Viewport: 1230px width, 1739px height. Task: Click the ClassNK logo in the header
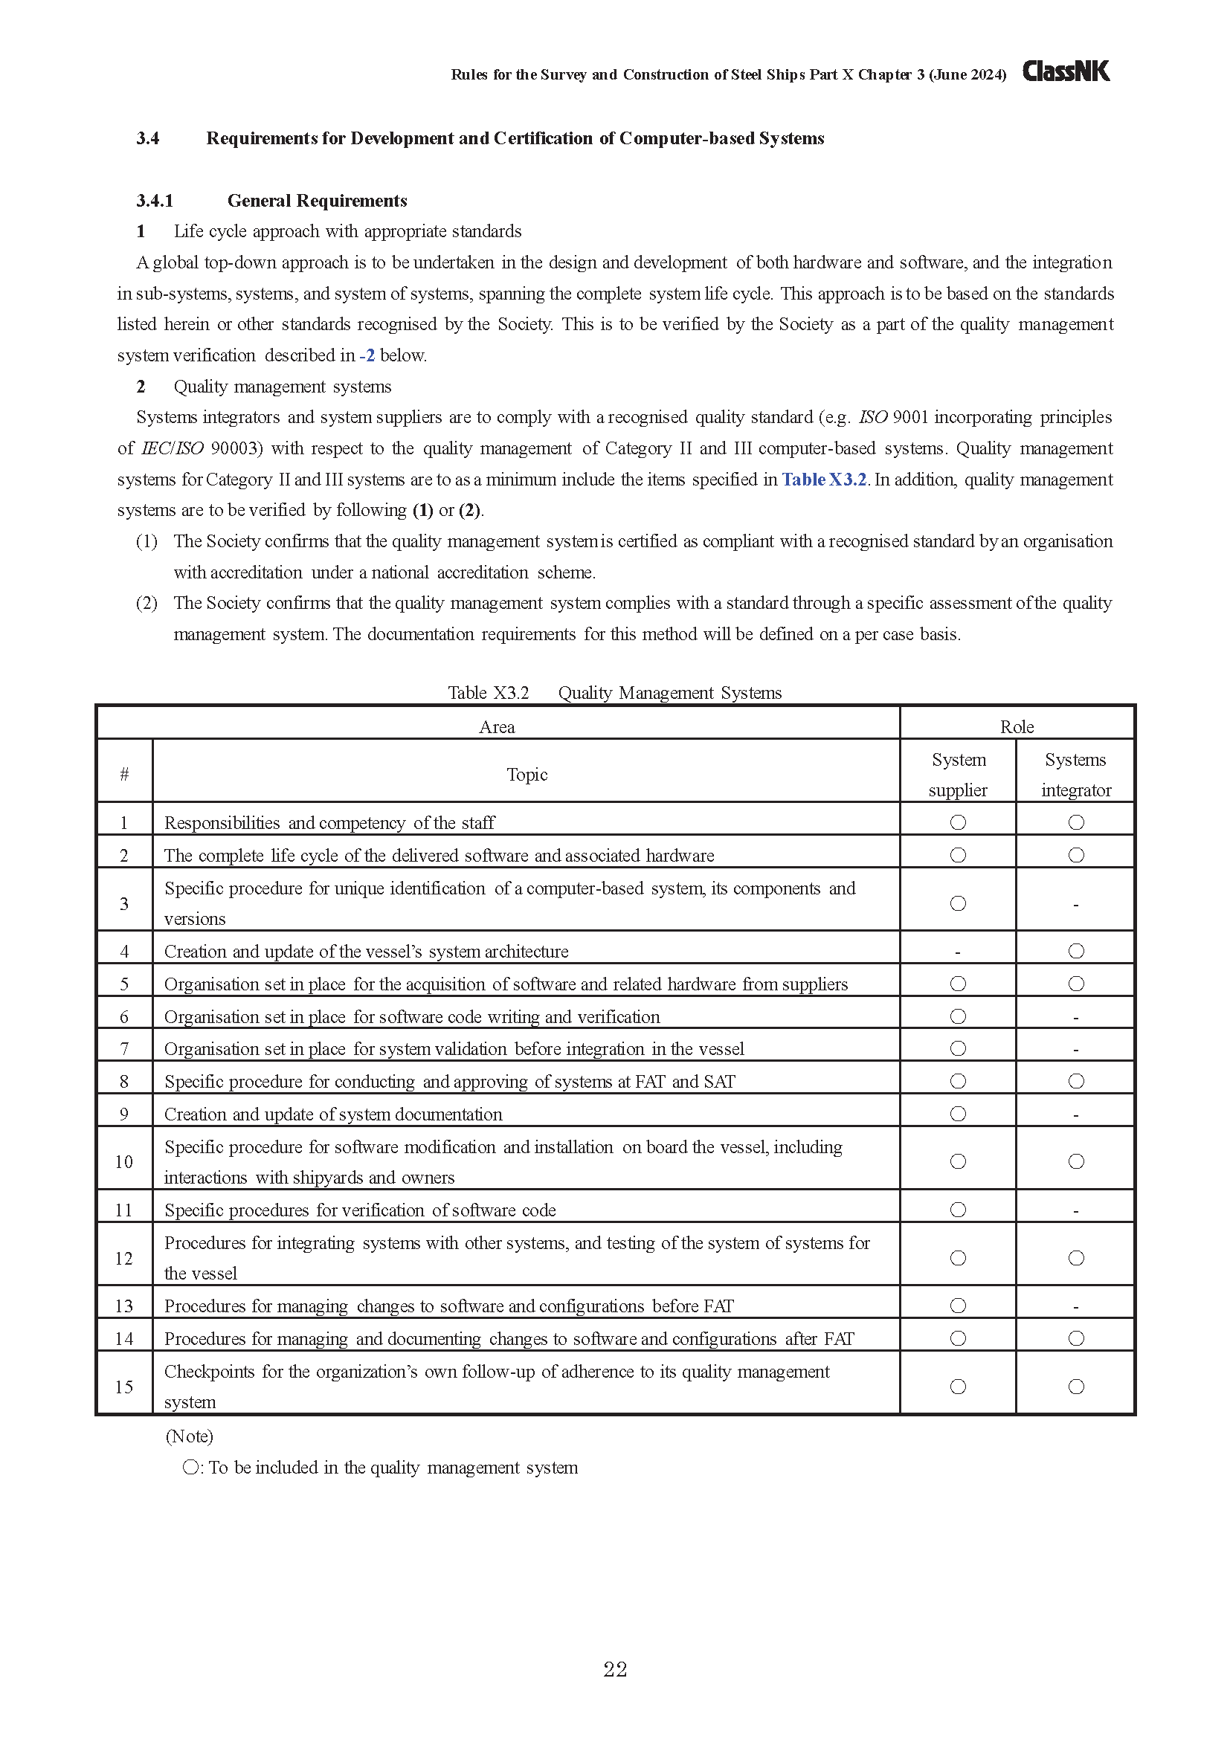1066,71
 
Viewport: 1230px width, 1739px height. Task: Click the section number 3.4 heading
148,138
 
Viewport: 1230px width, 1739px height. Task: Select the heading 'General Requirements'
317,201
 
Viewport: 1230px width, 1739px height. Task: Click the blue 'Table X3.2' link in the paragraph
824,480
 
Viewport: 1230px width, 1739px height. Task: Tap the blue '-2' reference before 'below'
367,355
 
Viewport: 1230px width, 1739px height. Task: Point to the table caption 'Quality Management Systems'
669,693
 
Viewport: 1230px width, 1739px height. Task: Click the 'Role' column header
1017,727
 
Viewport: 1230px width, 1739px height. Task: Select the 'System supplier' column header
958,774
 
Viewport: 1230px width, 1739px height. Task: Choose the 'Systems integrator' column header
1075,774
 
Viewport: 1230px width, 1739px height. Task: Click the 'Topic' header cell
527,774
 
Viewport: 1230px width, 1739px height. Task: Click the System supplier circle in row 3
958,903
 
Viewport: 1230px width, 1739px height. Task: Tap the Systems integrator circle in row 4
1076,952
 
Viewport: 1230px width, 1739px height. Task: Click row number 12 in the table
124,1259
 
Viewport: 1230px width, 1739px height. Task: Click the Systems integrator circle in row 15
1076,1387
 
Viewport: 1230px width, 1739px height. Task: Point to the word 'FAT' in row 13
718,1306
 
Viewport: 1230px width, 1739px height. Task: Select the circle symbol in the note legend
191,1468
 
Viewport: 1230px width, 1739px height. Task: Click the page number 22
615,1669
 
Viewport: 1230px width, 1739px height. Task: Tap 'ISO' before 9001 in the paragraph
872,417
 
